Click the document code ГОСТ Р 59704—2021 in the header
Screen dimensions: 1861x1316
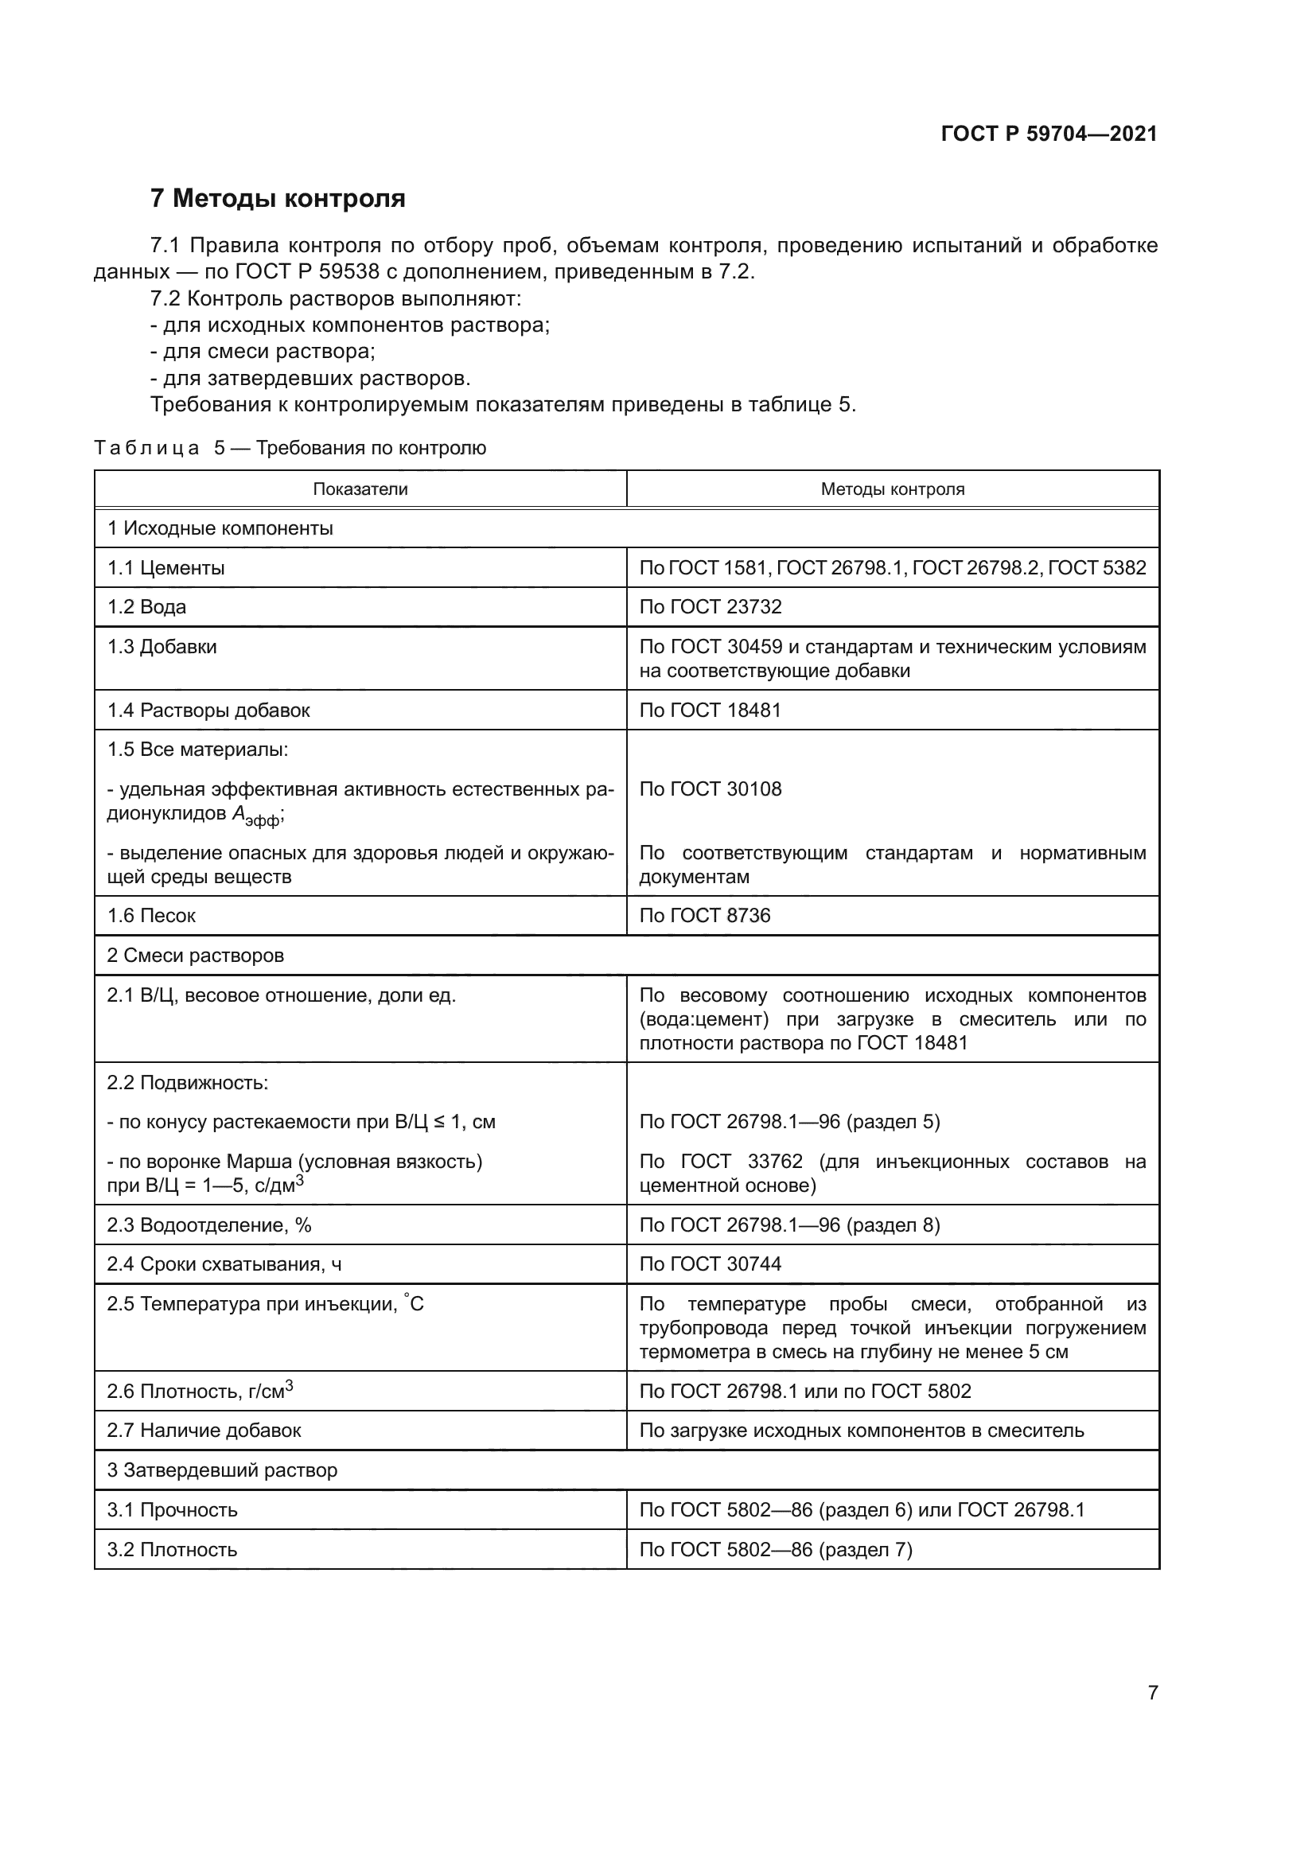click(1049, 134)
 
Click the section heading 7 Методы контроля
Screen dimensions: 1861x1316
click(278, 199)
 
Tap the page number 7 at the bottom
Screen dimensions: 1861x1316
click(1152, 1692)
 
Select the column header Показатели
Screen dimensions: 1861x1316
click(360, 489)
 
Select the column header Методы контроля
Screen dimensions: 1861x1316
click(892, 489)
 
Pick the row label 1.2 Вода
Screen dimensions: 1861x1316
click(146, 607)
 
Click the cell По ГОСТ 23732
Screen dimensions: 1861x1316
click(711, 607)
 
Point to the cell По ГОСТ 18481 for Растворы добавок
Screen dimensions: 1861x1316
click(711, 710)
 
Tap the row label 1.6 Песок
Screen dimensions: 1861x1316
click(151, 916)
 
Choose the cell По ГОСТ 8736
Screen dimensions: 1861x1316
click(705, 916)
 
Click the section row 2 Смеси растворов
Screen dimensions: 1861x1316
click(195, 956)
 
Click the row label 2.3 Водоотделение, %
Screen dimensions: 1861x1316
click(209, 1224)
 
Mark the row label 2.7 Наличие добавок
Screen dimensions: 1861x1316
click(204, 1431)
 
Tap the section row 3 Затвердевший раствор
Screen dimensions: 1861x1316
click(222, 1470)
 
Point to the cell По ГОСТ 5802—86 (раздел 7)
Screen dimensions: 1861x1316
click(776, 1550)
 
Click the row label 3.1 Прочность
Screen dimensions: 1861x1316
click(172, 1510)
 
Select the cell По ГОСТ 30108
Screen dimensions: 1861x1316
click(711, 789)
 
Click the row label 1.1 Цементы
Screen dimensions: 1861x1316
click(166, 568)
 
